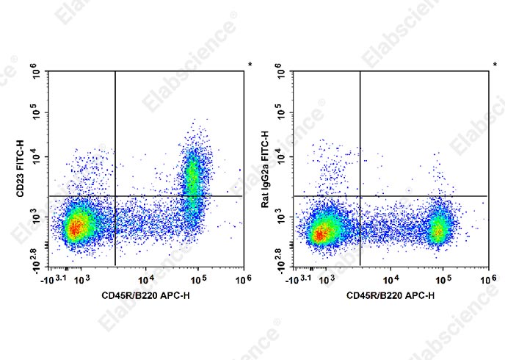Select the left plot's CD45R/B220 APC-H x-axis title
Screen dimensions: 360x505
145,295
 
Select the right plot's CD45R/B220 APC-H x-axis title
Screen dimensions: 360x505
389,295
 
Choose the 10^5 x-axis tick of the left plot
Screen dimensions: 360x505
200,278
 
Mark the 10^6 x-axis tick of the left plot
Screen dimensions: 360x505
244,278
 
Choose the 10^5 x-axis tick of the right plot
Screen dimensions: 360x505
443,278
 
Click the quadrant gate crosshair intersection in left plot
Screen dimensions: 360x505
115,196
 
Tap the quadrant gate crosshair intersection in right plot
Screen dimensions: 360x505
360,196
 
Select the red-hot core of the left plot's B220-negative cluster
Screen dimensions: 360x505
74,228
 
